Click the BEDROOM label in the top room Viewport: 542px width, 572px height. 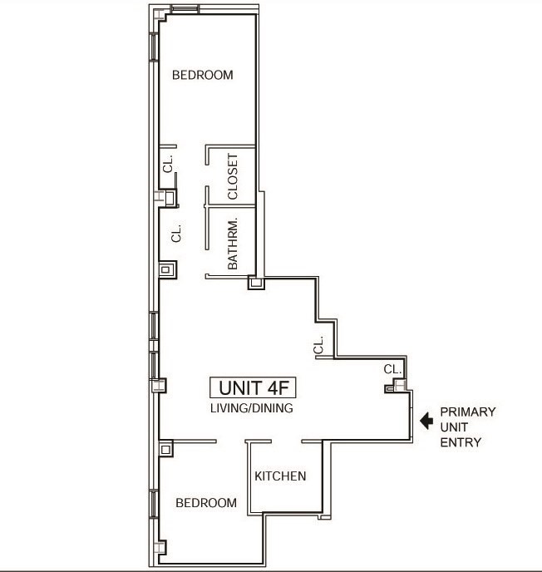click(x=202, y=75)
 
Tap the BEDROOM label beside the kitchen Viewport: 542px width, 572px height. click(x=205, y=503)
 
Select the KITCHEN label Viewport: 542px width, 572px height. click(x=280, y=476)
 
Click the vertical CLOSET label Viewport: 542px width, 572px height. click(x=233, y=176)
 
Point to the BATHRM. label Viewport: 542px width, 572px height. click(x=233, y=244)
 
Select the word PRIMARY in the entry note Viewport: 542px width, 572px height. click(x=468, y=412)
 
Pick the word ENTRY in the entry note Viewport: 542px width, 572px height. click(x=461, y=442)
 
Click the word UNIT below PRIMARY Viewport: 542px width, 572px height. click(x=455, y=427)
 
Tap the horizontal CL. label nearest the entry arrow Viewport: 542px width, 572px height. click(x=393, y=368)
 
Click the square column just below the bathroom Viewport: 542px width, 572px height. click(x=256, y=284)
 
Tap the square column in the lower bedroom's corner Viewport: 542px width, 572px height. click(x=166, y=449)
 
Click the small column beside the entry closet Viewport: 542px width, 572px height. click(x=389, y=387)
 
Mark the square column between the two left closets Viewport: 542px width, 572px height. click(x=169, y=198)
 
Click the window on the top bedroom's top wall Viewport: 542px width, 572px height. click(x=185, y=10)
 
